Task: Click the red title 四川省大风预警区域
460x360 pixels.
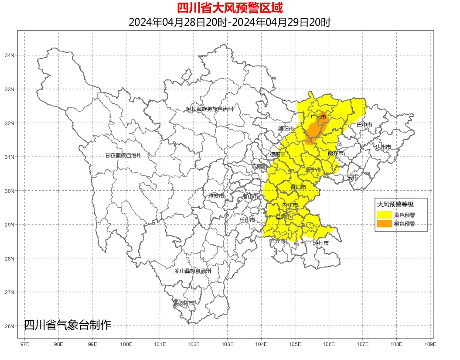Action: tap(230, 8)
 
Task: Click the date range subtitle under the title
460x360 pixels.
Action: tap(230, 22)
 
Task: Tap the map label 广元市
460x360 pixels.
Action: tap(318, 117)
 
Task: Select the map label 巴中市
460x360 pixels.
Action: tap(365, 125)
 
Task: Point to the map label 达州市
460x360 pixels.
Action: tap(383, 147)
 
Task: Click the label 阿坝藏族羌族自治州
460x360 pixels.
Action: tap(210, 109)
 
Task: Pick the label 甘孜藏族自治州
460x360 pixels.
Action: tap(123, 155)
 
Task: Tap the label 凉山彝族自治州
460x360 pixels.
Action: tap(193, 271)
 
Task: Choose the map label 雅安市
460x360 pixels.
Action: tap(216, 196)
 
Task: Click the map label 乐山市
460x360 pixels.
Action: tap(247, 220)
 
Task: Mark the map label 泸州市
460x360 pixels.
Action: tap(321, 243)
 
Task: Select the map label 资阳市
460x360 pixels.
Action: tap(298, 187)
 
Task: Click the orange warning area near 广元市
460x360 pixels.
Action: tap(313, 130)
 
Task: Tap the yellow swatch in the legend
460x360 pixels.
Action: tap(384, 215)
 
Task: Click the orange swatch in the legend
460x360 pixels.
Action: tap(384, 223)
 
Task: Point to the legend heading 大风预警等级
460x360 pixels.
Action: tap(395, 204)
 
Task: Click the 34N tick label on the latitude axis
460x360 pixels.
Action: tap(9, 55)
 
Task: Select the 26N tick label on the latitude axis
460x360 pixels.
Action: tap(9, 326)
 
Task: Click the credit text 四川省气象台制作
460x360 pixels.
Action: tap(68, 325)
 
